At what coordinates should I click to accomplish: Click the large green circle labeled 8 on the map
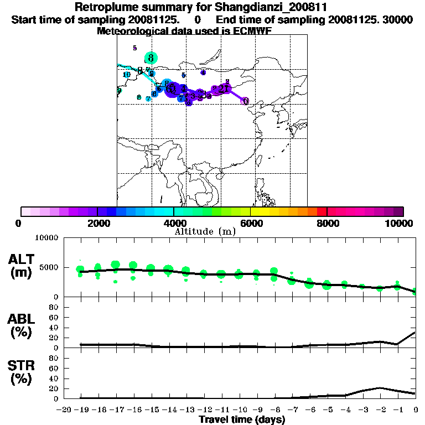(x=151, y=57)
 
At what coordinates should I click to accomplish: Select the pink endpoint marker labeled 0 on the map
(x=245, y=101)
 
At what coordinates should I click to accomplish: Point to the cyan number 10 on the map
(x=127, y=75)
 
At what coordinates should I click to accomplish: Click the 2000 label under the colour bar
(x=97, y=223)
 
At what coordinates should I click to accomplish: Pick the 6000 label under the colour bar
(x=251, y=223)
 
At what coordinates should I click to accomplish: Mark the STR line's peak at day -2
(x=380, y=388)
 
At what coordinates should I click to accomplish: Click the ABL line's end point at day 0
(x=415, y=333)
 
